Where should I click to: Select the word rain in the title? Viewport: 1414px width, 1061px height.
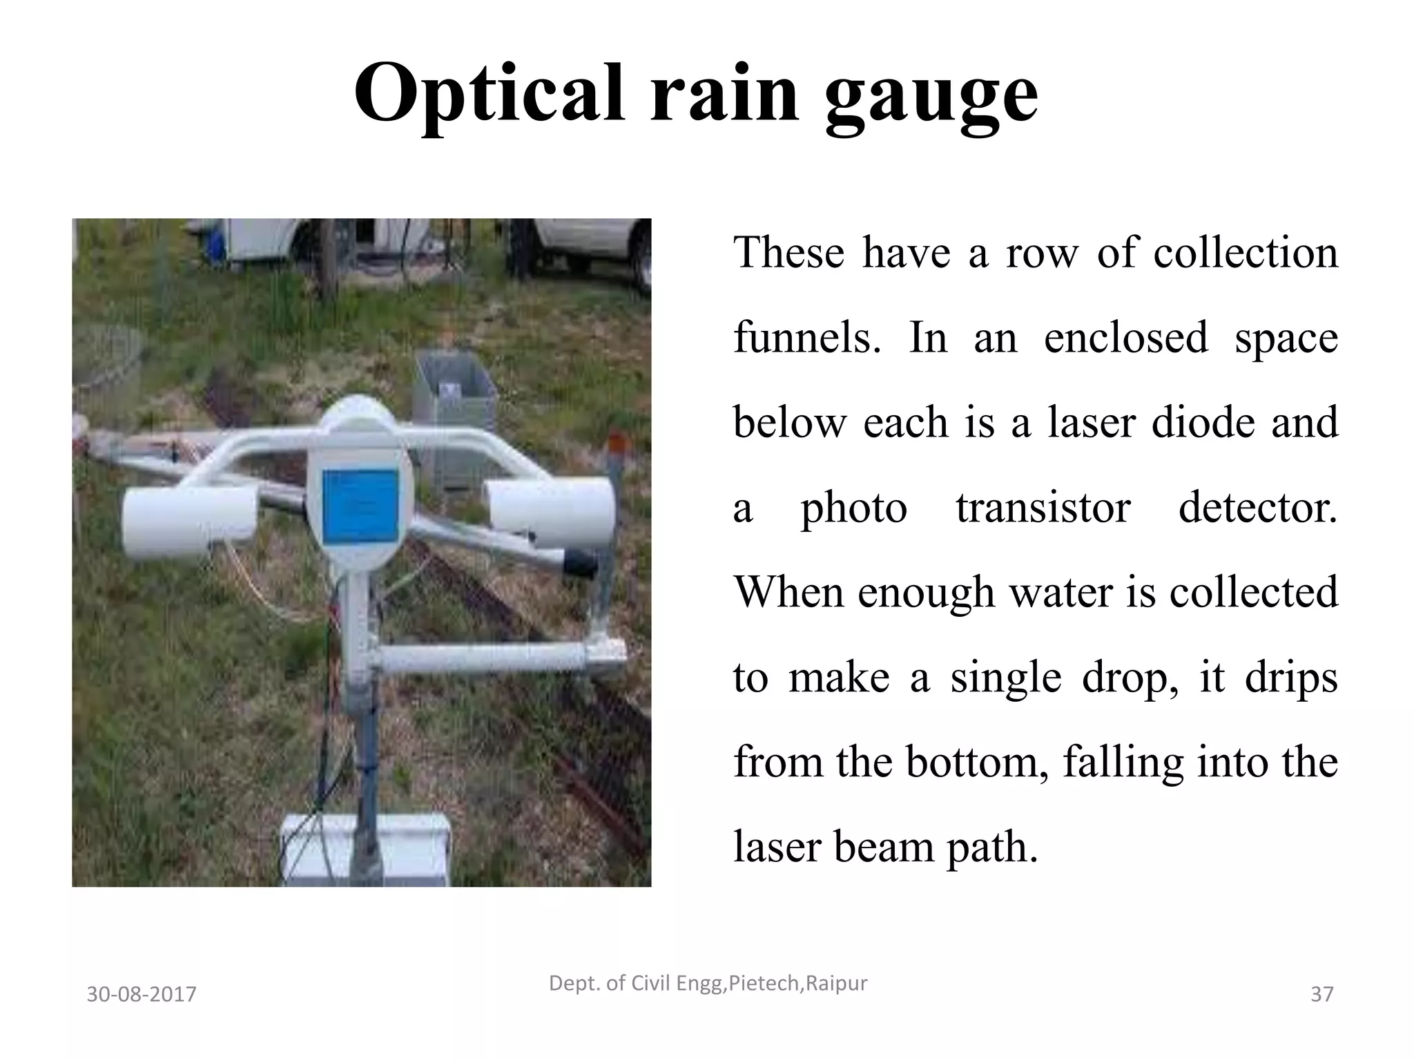point(724,93)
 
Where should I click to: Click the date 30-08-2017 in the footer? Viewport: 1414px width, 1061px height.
point(142,995)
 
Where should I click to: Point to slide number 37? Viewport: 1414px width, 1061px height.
point(1321,995)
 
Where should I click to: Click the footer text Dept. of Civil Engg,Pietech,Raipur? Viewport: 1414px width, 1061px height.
point(708,983)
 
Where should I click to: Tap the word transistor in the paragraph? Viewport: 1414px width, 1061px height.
point(1043,508)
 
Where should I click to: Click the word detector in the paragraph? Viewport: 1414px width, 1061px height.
point(1257,508)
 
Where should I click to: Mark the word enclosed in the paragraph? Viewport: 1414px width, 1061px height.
point(1125,338)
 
